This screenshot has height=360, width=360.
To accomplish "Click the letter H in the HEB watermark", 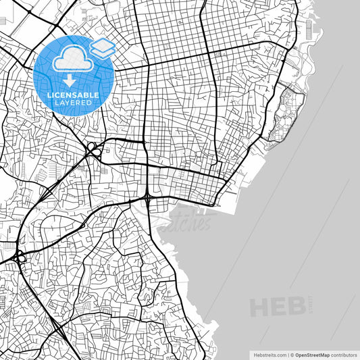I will click(x=260, y=307).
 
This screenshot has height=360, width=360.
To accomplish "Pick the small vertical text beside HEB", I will click(x=311, y=303).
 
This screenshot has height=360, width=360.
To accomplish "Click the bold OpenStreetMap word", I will click(x=311, y=354).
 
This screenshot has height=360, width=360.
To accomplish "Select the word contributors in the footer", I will click(x=344, y=354).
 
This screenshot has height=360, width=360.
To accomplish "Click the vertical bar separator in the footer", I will click(x=287, y=354).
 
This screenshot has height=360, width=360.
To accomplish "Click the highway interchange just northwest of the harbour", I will click(x=147, y=197).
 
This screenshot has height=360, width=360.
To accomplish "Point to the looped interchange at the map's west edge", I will click(x=18, y=257).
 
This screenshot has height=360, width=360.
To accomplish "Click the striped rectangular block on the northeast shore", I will click(x=309, y=29).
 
